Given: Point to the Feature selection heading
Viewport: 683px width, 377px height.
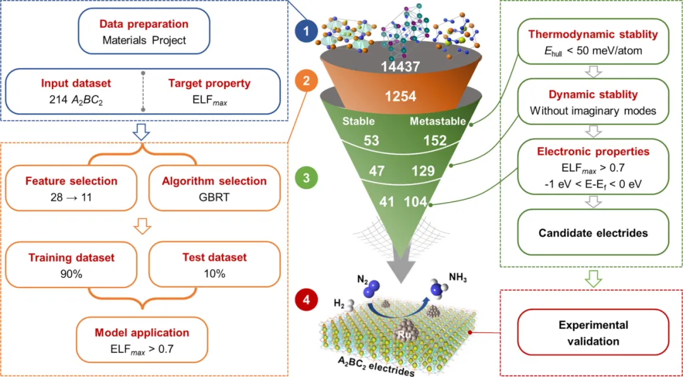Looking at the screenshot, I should (x=71, y=181).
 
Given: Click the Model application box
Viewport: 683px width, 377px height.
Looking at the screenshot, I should (x=142, y=338).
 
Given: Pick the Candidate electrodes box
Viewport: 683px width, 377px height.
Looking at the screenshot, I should (x=593, y=233).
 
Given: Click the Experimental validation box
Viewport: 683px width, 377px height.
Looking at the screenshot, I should (x=593, y=333).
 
